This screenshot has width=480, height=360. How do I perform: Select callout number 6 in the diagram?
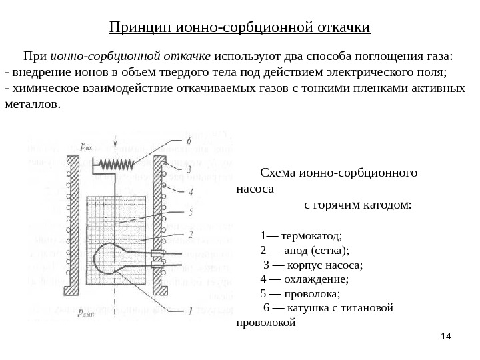pyautogui.click(x=189, y=141)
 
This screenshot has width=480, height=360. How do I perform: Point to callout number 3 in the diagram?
pyautogui.click(x=189, y=169)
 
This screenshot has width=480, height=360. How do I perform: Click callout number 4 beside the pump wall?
pyautogui.click(x=191, y=192)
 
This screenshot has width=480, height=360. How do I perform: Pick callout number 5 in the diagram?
pyautogui.click(x=191, y=213)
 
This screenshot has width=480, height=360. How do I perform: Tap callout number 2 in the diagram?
pyautogui.click(x=191, y=235)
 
